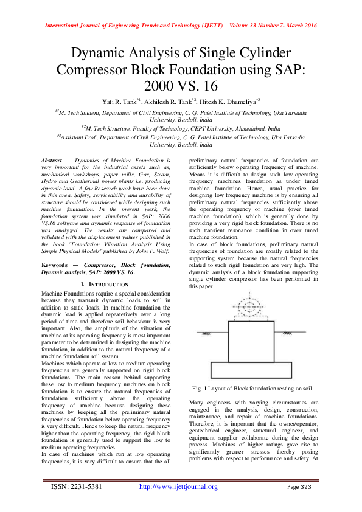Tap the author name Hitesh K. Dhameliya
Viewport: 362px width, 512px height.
click(x=232, y=100)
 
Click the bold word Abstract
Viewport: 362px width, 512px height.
click(x=53, y=158)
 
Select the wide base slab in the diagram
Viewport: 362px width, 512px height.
click(x=251, y=370)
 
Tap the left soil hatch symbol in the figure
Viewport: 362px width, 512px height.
click(x=207, y=334)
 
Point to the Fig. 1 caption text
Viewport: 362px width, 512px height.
click(x=251, y=387)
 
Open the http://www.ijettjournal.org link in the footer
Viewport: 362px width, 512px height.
click(x=178, y=486)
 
